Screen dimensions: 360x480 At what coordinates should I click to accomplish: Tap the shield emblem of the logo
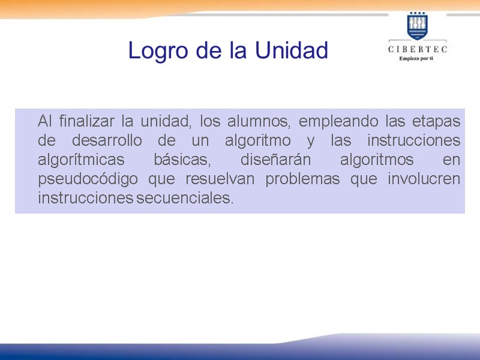[418, 26]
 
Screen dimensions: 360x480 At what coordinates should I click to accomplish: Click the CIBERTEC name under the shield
[418, 50]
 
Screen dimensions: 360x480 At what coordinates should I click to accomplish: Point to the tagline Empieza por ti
[418, 60]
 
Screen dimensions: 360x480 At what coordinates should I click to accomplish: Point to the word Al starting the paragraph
[45, 121]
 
